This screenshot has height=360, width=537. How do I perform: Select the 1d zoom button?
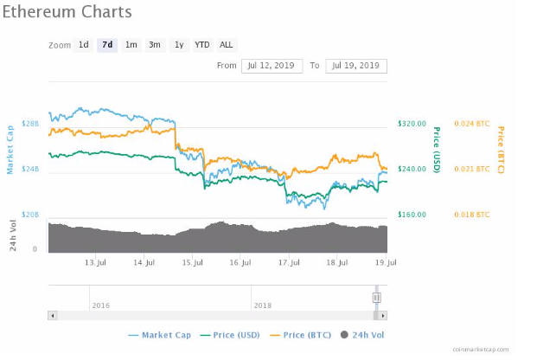[84, 45]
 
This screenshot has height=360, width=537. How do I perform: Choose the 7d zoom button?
[107, 45]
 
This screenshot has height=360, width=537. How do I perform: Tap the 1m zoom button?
[131, 45]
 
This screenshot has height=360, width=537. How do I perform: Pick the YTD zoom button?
[201, 45]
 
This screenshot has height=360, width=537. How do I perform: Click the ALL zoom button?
[226, 45]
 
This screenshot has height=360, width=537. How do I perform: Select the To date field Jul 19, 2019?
[356, 66]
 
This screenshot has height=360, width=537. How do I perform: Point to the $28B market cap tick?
[30, 125]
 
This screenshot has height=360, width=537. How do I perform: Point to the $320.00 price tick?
[412, 124]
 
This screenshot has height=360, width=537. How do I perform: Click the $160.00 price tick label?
[412, 214]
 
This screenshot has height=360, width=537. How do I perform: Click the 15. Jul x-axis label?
[193, 261]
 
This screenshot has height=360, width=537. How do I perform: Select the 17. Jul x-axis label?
[290, 261]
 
